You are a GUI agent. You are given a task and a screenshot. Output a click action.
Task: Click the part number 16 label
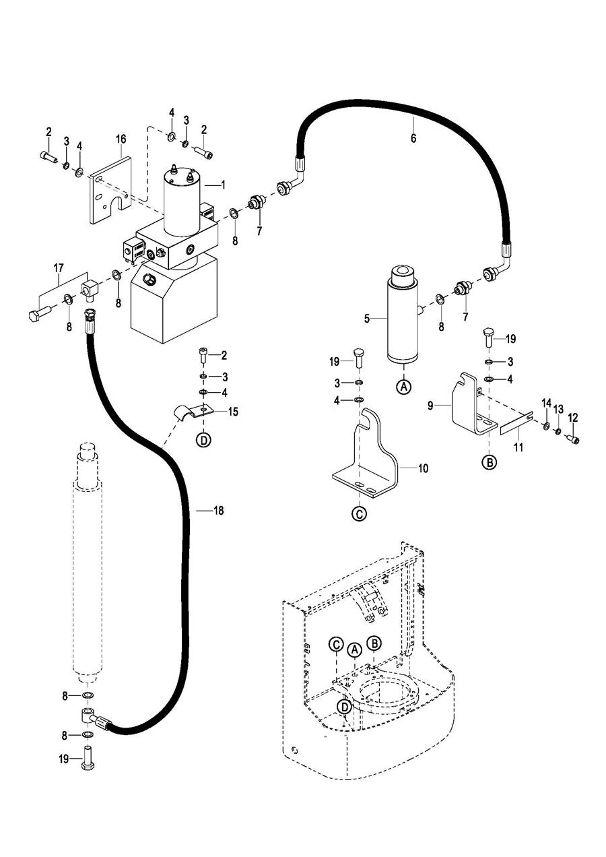coord(121,139)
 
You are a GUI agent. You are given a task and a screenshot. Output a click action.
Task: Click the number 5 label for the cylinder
coord(367,318)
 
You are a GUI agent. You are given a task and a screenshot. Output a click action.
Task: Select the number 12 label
coord(574,417)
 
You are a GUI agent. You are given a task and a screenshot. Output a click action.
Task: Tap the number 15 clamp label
coord(233,411)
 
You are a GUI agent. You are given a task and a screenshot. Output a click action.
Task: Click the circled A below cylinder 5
coord(403,387)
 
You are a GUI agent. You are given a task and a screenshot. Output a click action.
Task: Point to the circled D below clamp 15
coord(203,440)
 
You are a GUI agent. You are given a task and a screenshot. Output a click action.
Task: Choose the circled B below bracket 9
coord(490,462)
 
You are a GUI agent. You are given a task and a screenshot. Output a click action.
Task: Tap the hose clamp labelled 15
coord(192,410)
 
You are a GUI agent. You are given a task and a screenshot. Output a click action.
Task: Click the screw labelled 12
coord(574,440)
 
